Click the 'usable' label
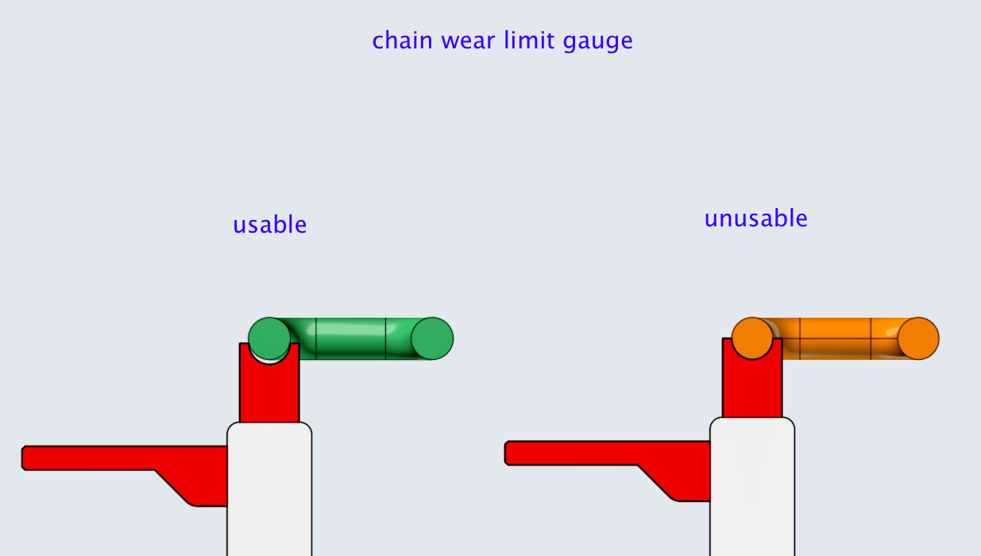tap(270, 225)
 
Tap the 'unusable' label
tap(755, 218)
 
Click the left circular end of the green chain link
tap(269, 338)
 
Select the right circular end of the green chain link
tap(432, 338)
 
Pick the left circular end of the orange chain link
tap(752, 338)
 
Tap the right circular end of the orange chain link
tap(918, 338)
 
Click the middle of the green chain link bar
tap(350, 338)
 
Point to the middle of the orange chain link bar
tap(835, 338)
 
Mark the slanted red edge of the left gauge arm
tap(172, 486)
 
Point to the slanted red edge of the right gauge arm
tap(655, 482)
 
